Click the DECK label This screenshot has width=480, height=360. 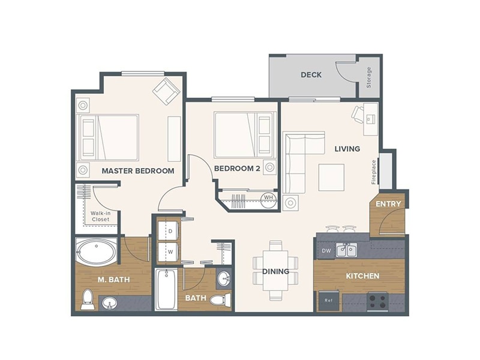click(311, 75)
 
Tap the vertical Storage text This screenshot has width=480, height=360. click(368, 77)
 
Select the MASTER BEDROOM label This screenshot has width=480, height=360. click(138, 171)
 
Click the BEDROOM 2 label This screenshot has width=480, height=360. click(238, 169)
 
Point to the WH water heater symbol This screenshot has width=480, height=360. click(268, 197)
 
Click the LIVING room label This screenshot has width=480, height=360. click(347, 149)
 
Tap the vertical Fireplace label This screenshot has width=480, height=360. click(373, 171)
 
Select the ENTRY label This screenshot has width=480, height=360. click(388, 204)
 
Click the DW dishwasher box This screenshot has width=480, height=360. click(326, 250)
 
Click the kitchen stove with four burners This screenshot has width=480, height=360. click(378, 301)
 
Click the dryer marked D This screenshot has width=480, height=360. click(170, 231)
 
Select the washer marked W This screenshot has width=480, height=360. click(170, 251)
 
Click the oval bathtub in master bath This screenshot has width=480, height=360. click(97, 252)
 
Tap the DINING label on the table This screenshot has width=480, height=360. click(275, 272)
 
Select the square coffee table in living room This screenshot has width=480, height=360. click(331, 177)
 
